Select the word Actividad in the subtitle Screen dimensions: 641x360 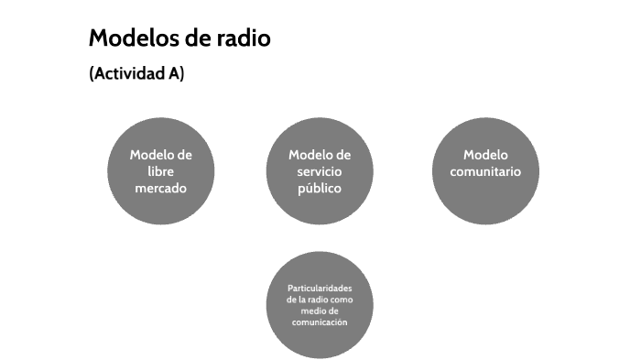(x=129, y=75)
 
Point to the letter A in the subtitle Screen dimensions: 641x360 (x=174, y=75)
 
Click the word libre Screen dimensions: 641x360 (x=160, y=171)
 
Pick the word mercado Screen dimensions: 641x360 (x=160, y=189)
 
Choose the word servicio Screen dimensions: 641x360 (x=319, y=171)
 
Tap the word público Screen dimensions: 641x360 (x=319, y=189)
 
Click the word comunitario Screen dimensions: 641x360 (x=485, y=171)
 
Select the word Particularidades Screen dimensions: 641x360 (x=320, y=289)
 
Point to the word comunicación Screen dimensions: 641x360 (x=320, y=322)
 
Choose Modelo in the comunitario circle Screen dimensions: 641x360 (x=485, y=155)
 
